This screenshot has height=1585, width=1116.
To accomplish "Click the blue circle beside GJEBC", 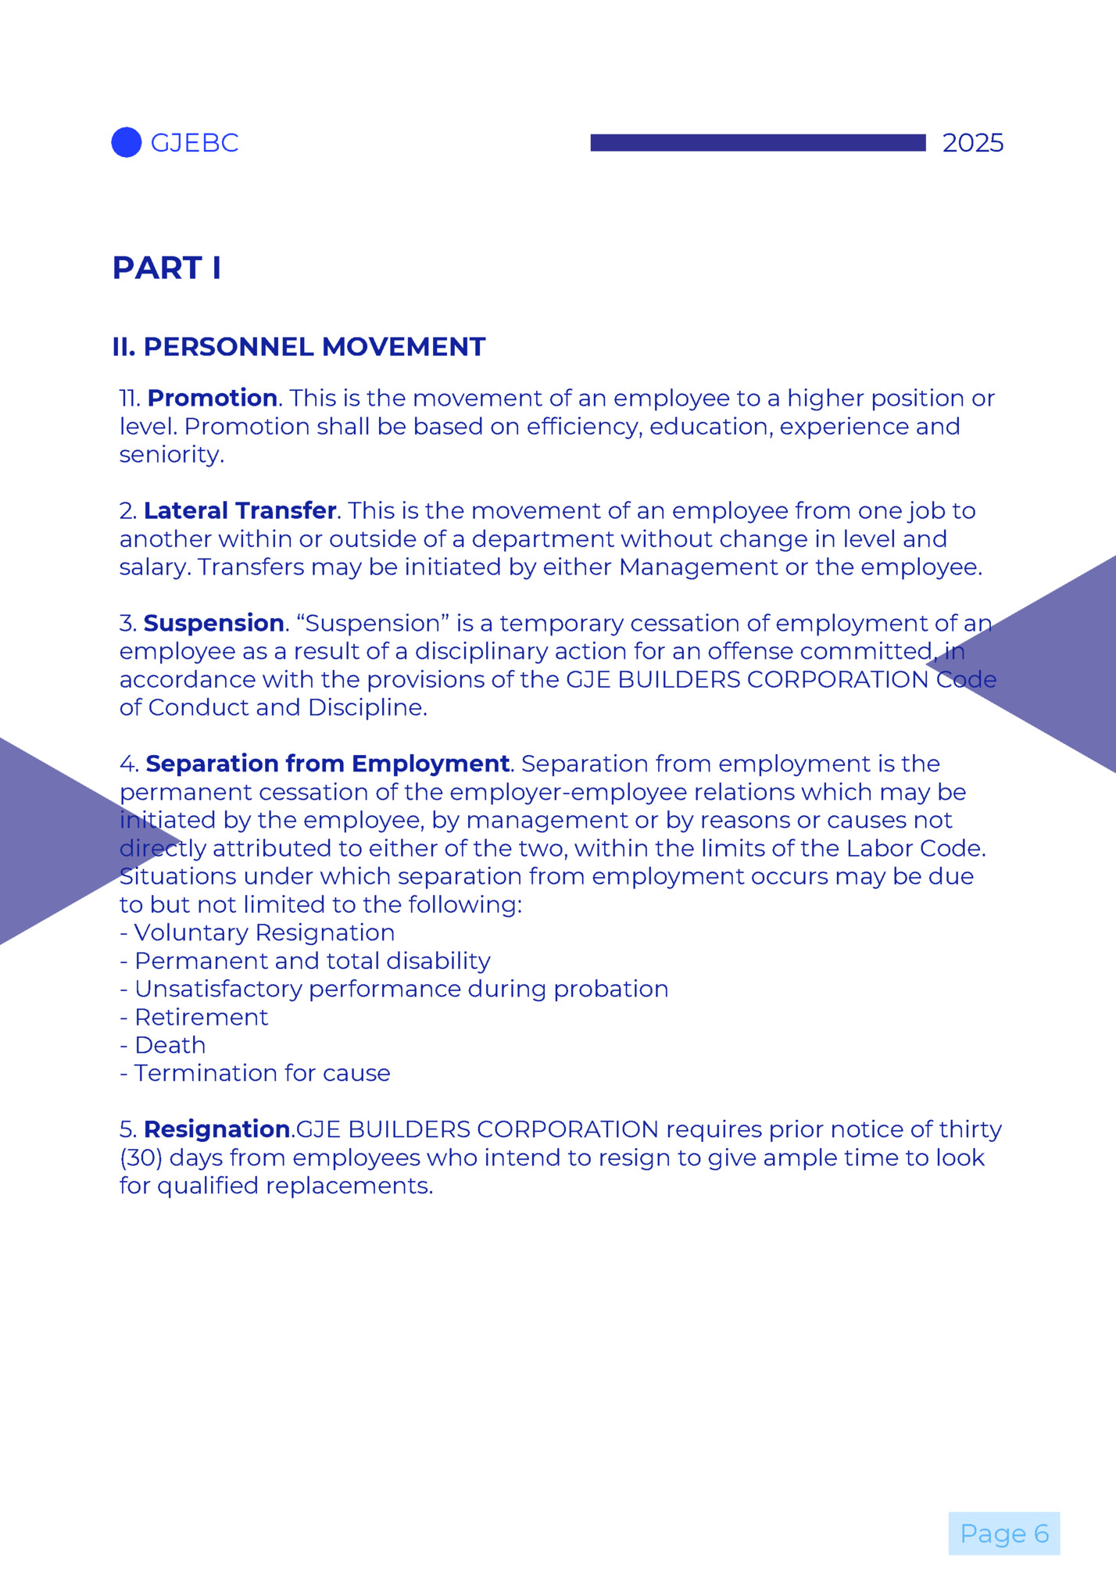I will coord(126,142).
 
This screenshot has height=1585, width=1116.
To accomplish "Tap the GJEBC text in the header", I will coord(194,143).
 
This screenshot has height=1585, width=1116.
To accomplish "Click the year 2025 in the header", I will coord(972,143).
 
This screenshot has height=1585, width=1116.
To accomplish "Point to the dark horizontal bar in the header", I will coord(757,142).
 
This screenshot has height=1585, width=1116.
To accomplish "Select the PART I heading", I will coord(166,268).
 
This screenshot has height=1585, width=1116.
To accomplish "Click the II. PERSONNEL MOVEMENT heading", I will coord(299,347).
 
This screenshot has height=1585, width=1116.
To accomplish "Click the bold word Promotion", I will coord(212,398).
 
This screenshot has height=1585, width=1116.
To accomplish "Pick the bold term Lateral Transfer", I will coord(240,510).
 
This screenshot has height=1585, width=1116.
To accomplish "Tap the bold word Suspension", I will coord(213,623).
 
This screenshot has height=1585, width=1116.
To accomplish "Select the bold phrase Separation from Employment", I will coord(327,764).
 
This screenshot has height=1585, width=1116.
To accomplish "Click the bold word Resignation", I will coord(216,1129).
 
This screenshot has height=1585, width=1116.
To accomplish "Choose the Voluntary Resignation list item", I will coord(264,932).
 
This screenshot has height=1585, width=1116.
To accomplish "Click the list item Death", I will coord(170,1045).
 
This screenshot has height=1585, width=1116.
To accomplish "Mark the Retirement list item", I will coord(201,1017).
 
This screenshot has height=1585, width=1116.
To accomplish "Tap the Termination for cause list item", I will coord(262,1073).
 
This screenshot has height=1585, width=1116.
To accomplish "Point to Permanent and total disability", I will coord(312,961).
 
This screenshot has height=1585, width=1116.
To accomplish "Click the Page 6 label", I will coord(1003,1533).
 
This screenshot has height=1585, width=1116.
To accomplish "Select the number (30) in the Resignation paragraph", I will coord(141,1157).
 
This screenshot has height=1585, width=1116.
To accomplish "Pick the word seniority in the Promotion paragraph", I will coord(170,454).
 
